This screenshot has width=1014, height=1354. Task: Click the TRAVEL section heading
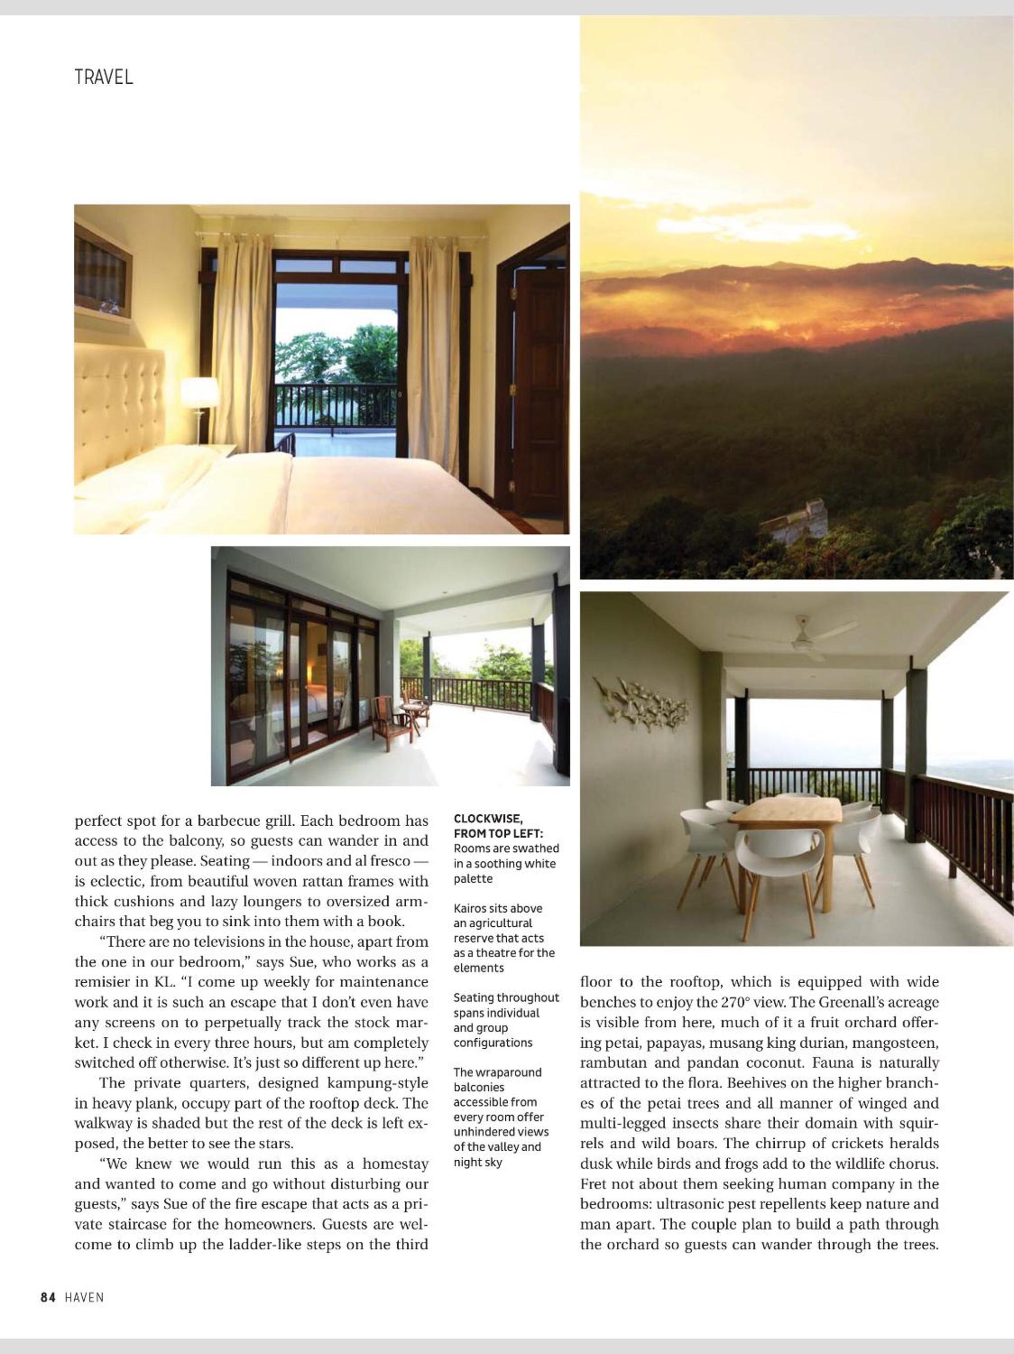coord(104,78)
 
